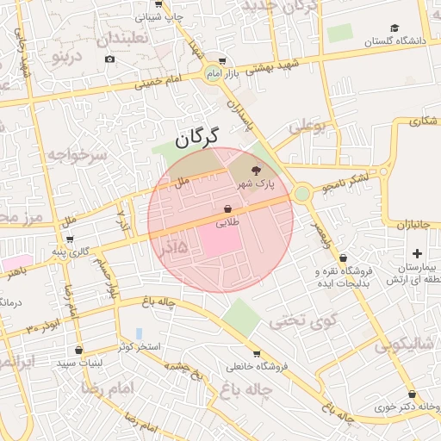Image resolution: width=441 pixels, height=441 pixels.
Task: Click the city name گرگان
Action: pyautogui.click(x=197, y=135)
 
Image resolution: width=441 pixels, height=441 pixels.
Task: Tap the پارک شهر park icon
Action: pyautogui.click(x=256, y=171)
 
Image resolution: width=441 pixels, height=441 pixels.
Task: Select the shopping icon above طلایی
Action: pyautogui.click(x=227, y=208)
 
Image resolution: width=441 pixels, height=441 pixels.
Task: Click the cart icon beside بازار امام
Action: pyautogui.click(x=222, y=61)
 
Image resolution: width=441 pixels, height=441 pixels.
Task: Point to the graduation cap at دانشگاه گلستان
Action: pyautogui.click(x=394, y=28)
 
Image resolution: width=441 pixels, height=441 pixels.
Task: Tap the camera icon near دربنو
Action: pyautogui.click(x=109, y=59)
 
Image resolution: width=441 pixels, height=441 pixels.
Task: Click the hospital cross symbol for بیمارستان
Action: pyautogui.click(x=418, y=253)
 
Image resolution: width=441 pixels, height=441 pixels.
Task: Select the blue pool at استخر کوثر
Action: pyautogui.click(x=139, y=333)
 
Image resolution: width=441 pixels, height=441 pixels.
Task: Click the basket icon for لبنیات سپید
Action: pyautogui.click(x=79, y=350)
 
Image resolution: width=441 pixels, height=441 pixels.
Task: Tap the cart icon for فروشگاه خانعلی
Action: pyautogui.click(x=257, y=353)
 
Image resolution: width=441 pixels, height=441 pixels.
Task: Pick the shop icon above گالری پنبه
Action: pyautogui.click(x=70, y=239)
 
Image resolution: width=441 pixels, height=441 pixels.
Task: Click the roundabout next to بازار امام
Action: pyautogui.click(x=213, y=74)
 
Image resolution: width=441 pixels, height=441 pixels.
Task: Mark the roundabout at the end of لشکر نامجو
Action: pyautogui.click(x=301, y=194)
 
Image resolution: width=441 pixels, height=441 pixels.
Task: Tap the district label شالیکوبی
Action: pyautogui.click(x=405, y=345)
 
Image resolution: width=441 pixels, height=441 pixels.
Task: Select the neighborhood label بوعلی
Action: pyautogui.click(x=307, y=127)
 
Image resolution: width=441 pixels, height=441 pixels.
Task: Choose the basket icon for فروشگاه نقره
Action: pyautogui.click(x=343, y=258)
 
